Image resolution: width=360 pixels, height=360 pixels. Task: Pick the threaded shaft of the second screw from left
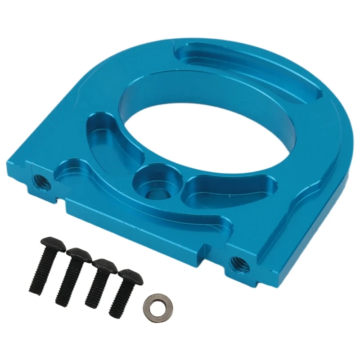click(67, 281)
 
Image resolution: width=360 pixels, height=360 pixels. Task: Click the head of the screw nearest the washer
click(130, 275)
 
